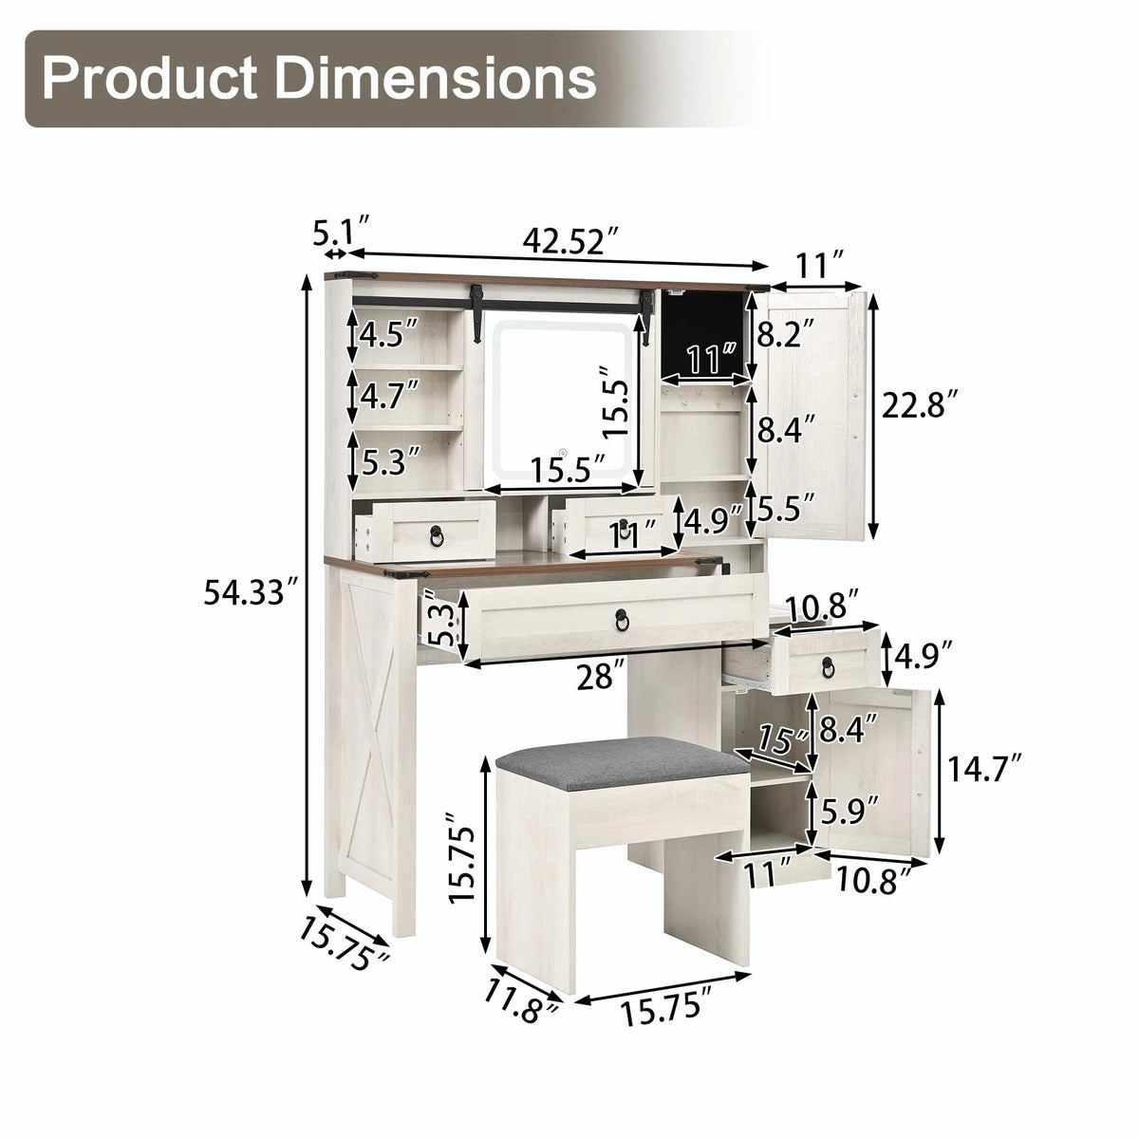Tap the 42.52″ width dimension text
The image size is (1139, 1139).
572,240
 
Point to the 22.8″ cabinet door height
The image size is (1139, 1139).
919,404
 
